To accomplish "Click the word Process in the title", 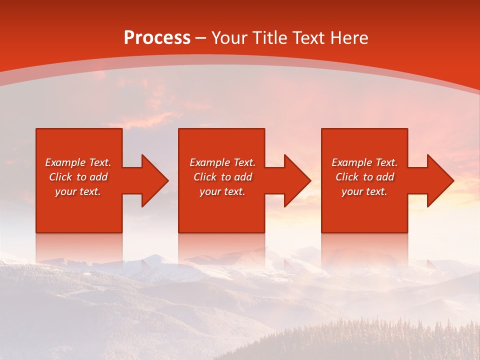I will click(157, 38).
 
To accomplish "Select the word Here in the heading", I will click(349, 38).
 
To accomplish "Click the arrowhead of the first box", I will click(153, 180).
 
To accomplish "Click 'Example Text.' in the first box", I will click(78, 162).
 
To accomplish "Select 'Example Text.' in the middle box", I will click(222, 162).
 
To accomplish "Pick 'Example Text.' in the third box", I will click(364, 162).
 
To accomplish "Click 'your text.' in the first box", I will click(78, 191).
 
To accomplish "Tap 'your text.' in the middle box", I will click(222, 191).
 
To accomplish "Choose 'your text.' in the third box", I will click(364, 191).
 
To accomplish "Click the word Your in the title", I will click(228, 38).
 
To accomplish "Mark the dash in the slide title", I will click(201, 38).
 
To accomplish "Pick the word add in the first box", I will click(98, 177).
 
